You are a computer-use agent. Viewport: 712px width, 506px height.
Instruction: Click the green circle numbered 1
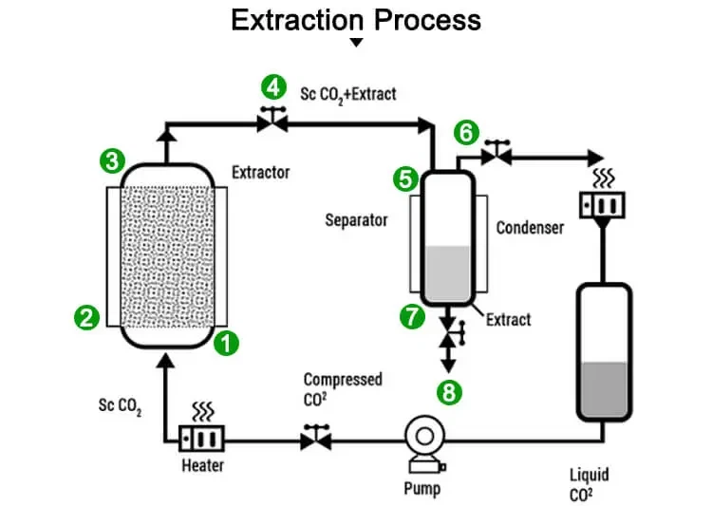click(226, 344)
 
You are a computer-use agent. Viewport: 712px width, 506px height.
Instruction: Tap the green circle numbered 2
click(87, 317)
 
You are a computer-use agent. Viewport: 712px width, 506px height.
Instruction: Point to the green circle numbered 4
click(274, 88)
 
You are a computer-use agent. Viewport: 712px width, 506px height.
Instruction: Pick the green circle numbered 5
click(406, 178)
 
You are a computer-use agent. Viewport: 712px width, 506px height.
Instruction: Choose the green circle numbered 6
click(465, 132)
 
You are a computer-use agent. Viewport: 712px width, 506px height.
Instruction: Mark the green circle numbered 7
click(412, 317)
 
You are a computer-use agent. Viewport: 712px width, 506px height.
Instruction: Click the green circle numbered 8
click(449, 390)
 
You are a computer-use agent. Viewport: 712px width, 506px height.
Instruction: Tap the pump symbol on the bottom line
click(421, 440)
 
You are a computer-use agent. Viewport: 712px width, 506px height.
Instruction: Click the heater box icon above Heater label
click(204, 438)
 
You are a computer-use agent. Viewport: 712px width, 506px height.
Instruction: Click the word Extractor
click(260, 173)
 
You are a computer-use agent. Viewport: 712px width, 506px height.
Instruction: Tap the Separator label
click(357, 220)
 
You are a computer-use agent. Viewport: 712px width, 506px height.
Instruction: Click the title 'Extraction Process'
click(356, 20)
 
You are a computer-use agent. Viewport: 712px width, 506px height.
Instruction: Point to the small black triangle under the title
click(356, 43)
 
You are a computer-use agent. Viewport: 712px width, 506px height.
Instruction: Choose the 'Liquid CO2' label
click(590, 483)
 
